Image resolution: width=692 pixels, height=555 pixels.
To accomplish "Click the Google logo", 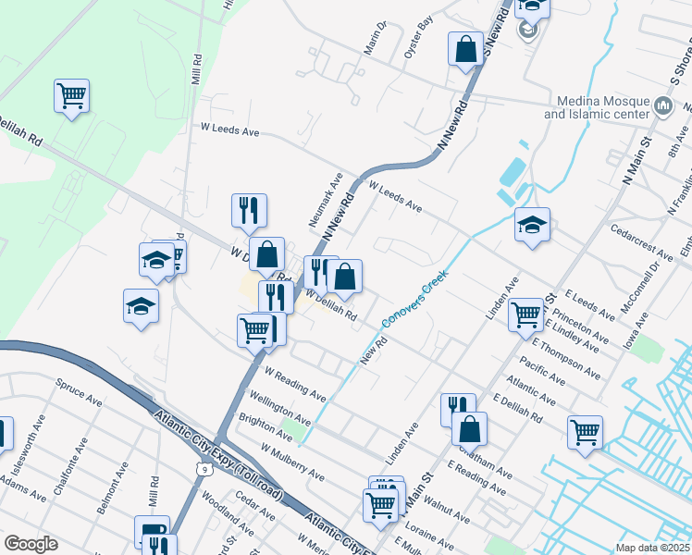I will pyautogui.click(x=31, y=544).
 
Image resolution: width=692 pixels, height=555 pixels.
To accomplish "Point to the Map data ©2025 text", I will pyautogui.click(x=651, y=548).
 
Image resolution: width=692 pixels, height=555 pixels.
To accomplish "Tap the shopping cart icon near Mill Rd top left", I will pyautogui.click(x=71, y=95).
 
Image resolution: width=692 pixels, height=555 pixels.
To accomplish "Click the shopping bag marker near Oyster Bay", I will pyautogui.click(x=465, y=49).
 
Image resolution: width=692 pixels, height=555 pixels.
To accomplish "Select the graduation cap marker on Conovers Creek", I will pyautogui.click(x=532, y=225).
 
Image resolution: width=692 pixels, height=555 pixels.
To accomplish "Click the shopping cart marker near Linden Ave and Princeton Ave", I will pyautogui.click(x=525, y=314).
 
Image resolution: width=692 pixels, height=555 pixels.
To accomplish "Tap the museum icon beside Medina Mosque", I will pyautogui.click(x=662, y=105).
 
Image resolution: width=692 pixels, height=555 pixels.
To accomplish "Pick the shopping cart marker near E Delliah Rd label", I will pyautogui.click(x=585, y=431).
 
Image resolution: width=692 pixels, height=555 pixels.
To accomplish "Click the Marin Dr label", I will pyautogui.click(x=374, y=41).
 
